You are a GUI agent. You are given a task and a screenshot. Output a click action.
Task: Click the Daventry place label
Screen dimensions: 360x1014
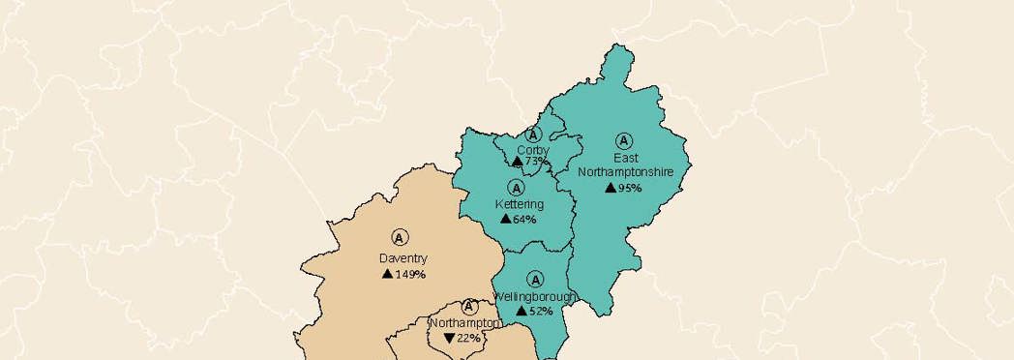(x=403, y=258)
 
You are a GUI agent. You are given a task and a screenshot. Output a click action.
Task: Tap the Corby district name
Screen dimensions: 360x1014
(x=533, y=150)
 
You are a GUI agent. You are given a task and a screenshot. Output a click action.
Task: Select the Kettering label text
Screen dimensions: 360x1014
(x=520, y=204)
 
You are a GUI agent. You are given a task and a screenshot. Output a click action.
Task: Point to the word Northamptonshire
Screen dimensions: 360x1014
(x=633, y=171)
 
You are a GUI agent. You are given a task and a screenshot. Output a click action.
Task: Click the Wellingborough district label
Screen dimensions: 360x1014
(x=535, y=295)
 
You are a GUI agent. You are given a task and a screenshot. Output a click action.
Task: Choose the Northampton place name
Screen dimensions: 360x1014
(x=464, y=322)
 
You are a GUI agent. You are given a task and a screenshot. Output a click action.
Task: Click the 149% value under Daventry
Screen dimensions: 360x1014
(x=411, y=275)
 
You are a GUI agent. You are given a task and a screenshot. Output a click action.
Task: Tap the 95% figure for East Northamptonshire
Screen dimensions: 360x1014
(x=631, y=188)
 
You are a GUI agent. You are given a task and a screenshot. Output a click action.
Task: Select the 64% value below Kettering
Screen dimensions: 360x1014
(x=524, y=220)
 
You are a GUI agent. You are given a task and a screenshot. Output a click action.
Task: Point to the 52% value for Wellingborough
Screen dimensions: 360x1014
(x=541, y=311)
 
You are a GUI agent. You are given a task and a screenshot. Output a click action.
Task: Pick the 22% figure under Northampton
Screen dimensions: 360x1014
(x=469, y=338)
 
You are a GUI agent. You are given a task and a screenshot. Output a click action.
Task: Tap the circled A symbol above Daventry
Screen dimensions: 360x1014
(x=400, y=237)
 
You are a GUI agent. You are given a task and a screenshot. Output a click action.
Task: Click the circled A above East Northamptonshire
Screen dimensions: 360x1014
(x=624, y=140)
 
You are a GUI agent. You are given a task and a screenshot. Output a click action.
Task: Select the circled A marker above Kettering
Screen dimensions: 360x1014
(x=516, y=187)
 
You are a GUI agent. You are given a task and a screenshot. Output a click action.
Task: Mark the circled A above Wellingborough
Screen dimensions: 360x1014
(x=535, y=279)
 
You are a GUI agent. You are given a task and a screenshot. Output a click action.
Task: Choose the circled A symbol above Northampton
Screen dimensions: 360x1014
(x=470, y=307)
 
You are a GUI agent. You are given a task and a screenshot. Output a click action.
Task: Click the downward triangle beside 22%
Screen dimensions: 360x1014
(x=449, y=338)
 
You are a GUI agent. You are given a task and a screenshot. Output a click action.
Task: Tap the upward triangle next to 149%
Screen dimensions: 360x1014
(x=387, y=274)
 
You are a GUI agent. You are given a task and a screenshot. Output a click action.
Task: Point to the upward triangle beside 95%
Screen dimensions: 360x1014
(x=611, y=187)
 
